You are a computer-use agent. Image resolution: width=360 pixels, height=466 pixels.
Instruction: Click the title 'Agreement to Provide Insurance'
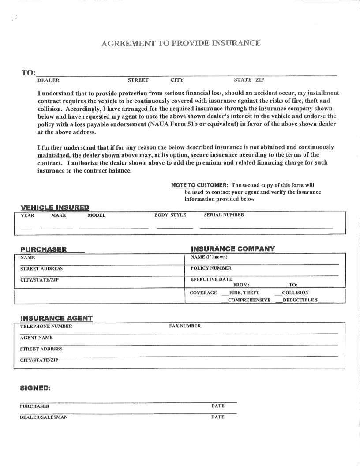181,43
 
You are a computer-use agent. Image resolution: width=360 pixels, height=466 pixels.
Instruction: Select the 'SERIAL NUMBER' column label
224,215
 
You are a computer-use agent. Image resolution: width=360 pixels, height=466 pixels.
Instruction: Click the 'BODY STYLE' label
170,215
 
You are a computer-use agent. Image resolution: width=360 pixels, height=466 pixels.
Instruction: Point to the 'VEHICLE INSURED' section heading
55,207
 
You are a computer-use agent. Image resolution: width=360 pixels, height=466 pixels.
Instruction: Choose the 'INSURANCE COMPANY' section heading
232,249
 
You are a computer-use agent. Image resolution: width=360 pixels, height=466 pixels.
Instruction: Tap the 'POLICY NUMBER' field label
210,268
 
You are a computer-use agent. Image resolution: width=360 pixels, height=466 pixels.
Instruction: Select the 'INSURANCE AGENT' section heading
56,318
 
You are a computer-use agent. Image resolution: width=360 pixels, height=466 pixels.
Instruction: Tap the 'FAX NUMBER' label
185,326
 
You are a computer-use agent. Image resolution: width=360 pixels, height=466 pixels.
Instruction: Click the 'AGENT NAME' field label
37,338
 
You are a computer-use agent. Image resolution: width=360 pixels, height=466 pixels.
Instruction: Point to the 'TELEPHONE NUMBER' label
46,326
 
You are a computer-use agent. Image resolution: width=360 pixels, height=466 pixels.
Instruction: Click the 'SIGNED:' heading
35,388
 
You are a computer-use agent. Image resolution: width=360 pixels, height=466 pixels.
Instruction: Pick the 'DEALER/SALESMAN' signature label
44,417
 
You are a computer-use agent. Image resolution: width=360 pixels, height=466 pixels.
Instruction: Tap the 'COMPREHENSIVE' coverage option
249,300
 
